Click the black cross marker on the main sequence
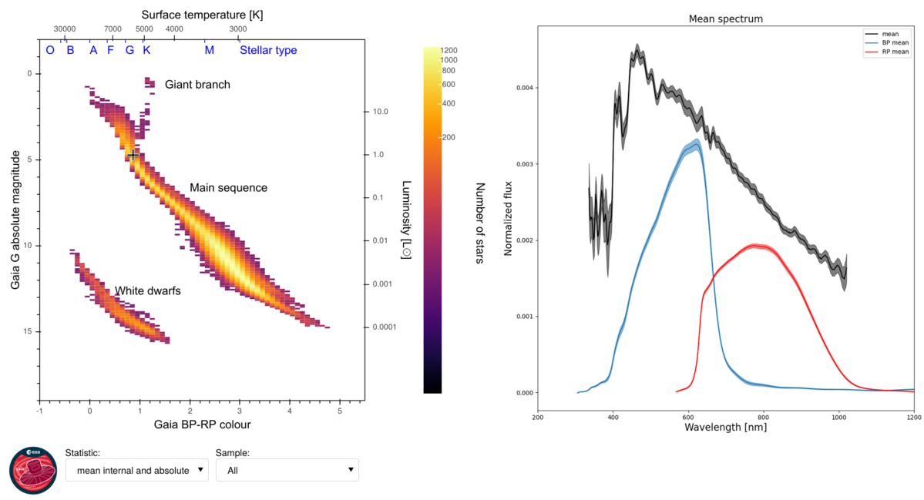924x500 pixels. pos(133,155)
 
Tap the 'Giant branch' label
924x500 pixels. pos(197,84)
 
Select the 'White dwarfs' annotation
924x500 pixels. pos(147,290)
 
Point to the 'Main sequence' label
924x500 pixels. pos(228,188)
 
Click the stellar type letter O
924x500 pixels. pos(50,50)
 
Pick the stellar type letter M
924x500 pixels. pos(209,50)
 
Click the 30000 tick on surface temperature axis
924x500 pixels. pos(64,29)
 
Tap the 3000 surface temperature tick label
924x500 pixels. pos(238,29)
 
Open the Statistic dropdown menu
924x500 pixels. pos(136,470)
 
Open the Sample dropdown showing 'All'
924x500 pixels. pos(287,470)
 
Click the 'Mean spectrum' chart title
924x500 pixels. pos(725,18)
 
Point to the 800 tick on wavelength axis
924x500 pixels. pos(763,417)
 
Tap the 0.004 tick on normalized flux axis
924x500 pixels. pos(526,88)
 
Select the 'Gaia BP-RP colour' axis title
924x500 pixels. pos(201,424)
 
